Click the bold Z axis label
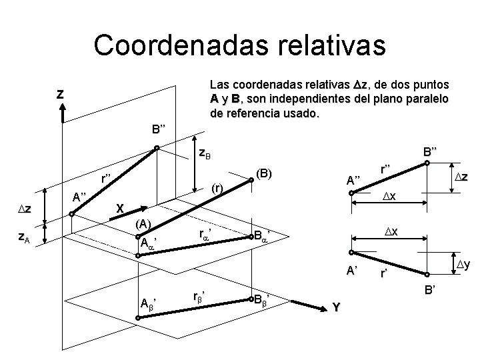point(61,95)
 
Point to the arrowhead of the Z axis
point(61,114)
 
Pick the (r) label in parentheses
point(217,189)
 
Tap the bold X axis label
point(119,207)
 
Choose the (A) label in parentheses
point(145,223)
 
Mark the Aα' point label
point(148,241)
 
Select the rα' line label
point(207,234)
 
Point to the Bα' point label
point(263,235)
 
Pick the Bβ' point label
point(263,300)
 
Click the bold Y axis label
point(337,307)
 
